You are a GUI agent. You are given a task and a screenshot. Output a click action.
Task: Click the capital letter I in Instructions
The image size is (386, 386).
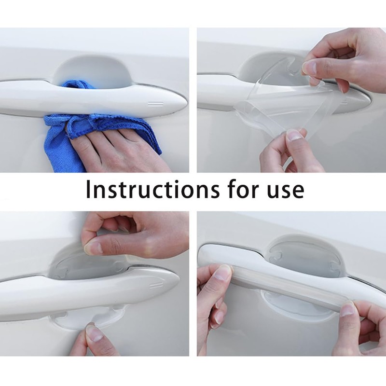(x=89, y=189)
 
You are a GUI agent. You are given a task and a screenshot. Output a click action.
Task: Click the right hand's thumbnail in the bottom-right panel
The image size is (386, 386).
(x=348, y=309)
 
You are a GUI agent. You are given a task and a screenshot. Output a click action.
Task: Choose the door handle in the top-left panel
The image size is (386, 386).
(x=96, y=96)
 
